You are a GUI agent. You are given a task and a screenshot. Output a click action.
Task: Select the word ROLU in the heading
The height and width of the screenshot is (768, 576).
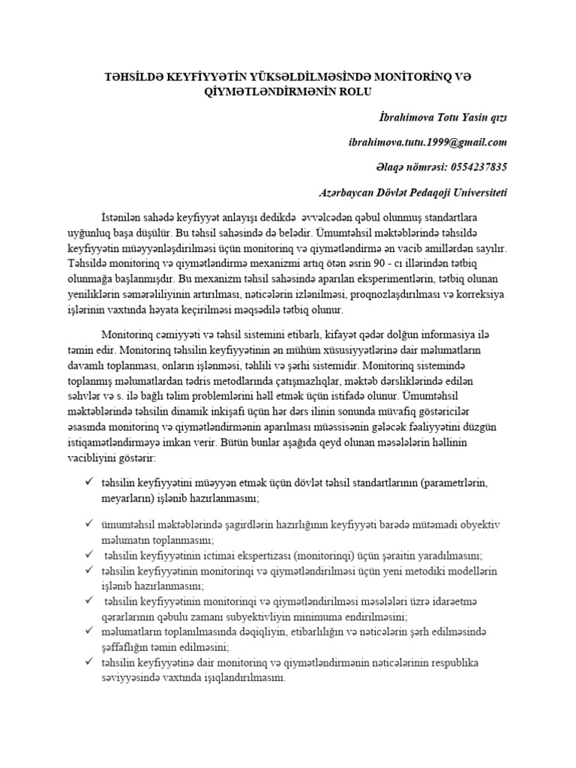click(x=349, y=92)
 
